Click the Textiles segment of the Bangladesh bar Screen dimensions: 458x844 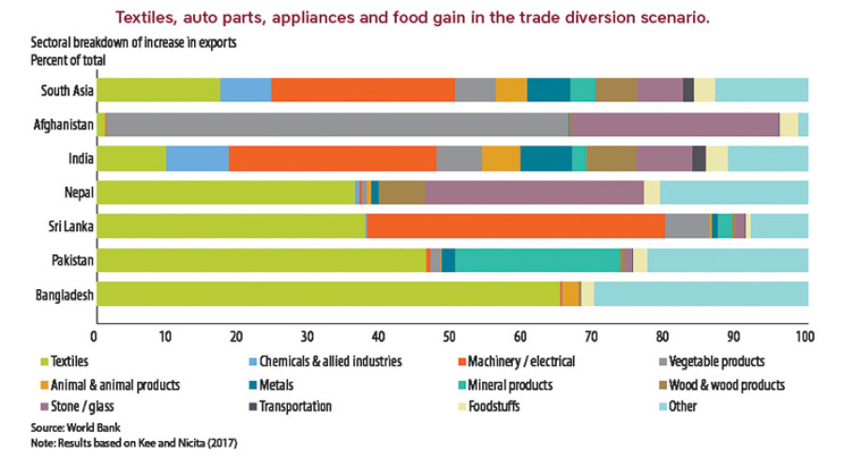[x=328, y=294]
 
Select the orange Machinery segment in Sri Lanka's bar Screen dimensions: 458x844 [x=515, y=226]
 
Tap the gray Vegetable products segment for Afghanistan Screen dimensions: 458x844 [x=338, y=125]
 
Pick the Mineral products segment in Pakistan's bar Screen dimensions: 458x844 [x=537, y=260]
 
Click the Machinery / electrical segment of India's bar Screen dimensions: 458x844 [x=332, y=159]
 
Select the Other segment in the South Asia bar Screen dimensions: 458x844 [x=761, y=90]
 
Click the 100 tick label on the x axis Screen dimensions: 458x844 [x=804, y=335]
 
